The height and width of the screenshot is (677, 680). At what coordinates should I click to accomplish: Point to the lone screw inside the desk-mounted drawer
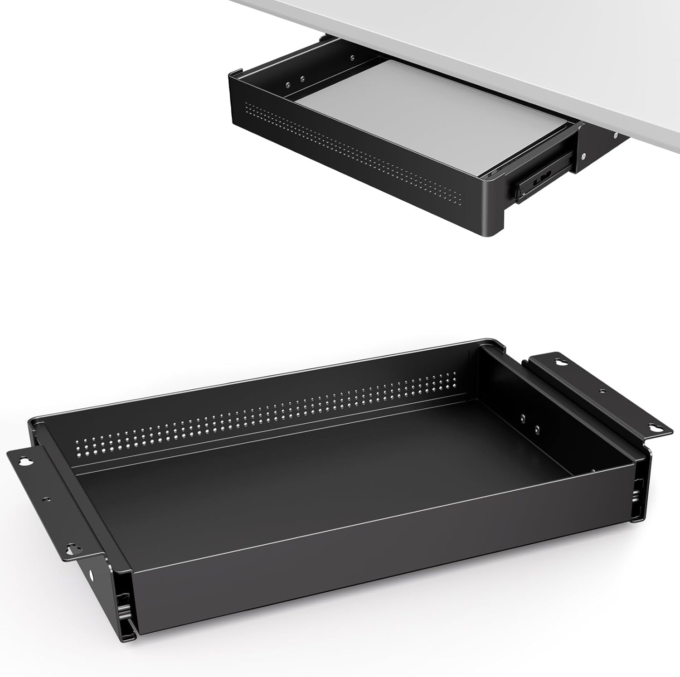352,57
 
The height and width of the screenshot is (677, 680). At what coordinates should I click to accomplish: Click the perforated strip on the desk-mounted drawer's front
354,150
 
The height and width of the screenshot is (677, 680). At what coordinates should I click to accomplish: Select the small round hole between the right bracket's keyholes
602,391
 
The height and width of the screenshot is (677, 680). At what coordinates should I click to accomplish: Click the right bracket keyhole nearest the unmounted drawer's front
653,427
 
